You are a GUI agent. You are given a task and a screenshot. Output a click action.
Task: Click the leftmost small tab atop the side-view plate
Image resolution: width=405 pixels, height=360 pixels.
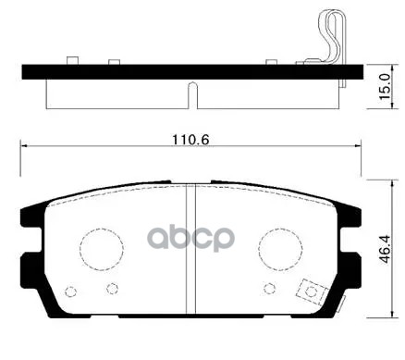point(71,62)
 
